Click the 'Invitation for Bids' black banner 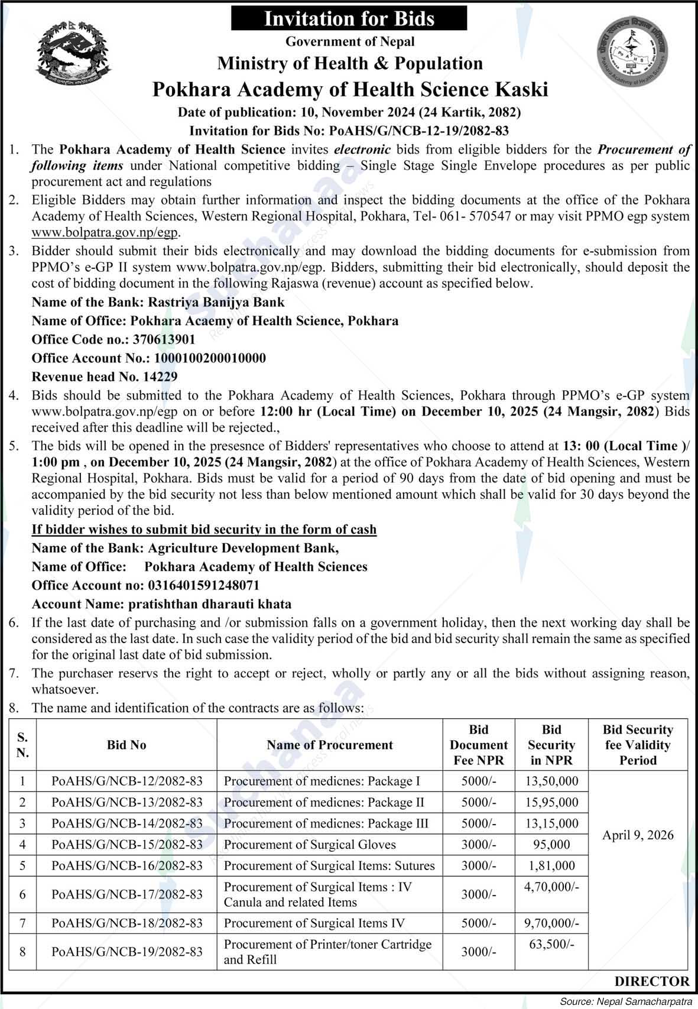[x=349, y=18]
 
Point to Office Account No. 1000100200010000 [x=210, y=358]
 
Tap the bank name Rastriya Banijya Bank [x=216, y=302]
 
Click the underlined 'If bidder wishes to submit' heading [x=204, y=529]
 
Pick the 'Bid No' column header [x=126, y=745]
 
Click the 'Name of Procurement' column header [x=329, y=745]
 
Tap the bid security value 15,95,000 [x=551, y=802]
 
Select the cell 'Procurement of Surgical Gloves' [x=310, y=845]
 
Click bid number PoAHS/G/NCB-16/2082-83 [x=126, y=866]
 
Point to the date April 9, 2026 [x=638, y=835]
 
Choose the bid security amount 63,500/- [x=551, y=945]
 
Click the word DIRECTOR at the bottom [x=651, y=981]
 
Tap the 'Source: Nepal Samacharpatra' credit [x=626, y=1001]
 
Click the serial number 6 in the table [x=22, y=894]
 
